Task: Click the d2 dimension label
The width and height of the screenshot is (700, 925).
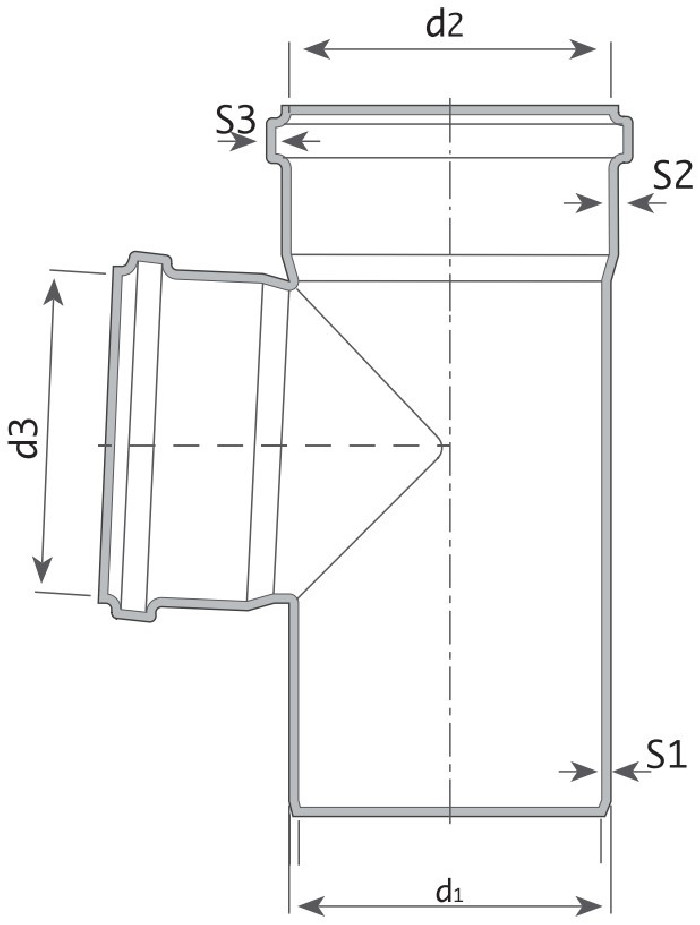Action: point(445,25)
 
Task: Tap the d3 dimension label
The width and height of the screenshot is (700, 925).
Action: point(27,439)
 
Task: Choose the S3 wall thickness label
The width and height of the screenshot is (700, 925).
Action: point(236,120)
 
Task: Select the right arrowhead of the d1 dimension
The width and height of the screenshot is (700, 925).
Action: point(589,905)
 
